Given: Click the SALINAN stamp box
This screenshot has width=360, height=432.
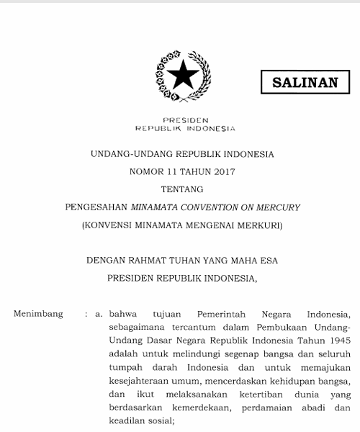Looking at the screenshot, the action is coord(305,82).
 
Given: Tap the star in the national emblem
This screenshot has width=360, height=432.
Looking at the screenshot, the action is coord(184,72).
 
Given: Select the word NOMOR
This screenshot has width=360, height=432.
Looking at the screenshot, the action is coord(146,171).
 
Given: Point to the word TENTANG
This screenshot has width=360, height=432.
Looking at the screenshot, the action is coord(183,189).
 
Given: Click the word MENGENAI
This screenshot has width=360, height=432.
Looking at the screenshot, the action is coord(206,225).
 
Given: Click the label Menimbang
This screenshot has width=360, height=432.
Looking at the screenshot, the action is coord(38,314).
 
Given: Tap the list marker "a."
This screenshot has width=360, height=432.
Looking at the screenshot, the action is coord(99,314).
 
